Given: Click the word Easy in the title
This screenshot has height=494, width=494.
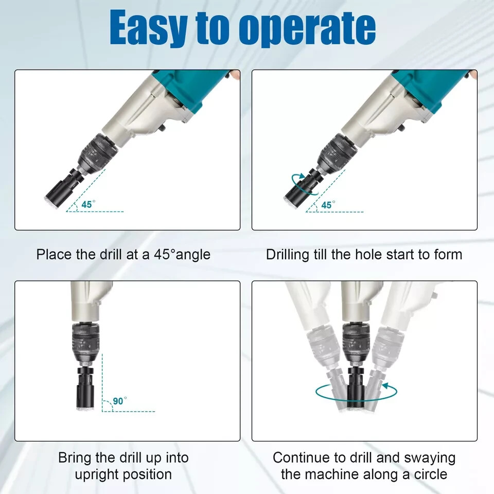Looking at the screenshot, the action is point(149,28).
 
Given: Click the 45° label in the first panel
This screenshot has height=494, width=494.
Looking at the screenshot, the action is point(88,204).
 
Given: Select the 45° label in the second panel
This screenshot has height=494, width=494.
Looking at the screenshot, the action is point(328,205).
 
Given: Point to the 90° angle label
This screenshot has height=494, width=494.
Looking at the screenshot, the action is point(120,401).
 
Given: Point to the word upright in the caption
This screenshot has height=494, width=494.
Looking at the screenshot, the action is point(97,475).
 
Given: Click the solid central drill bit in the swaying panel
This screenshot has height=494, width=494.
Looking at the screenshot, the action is point(356,387).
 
